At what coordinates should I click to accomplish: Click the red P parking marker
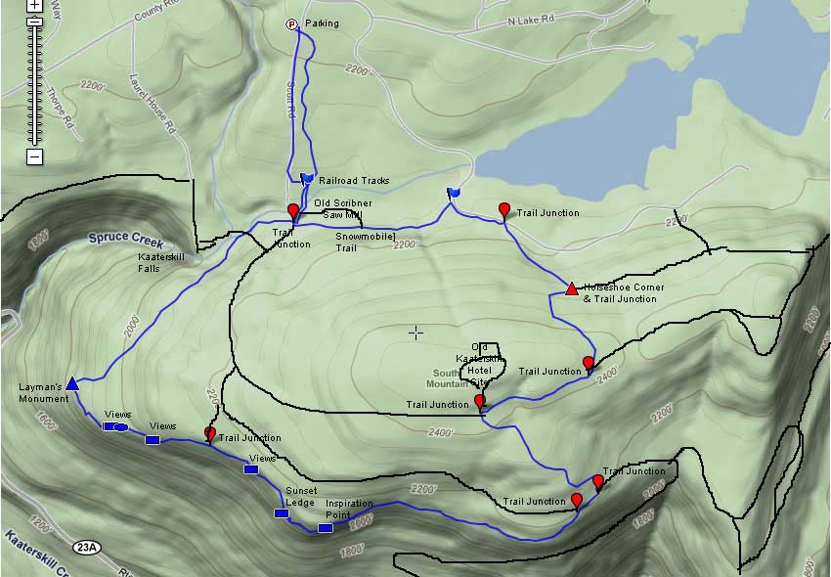[291, 24]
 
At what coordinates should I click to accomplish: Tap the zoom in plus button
[34, 5]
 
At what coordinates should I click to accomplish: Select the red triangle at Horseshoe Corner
[572, 288]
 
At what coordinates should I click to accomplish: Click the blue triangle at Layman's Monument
[71, 383]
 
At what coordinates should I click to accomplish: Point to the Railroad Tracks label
[354, 181]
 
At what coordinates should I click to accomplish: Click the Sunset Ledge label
[300, 496]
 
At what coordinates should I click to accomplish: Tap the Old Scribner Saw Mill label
[342, 208]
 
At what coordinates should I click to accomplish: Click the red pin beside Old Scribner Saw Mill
[292, 211]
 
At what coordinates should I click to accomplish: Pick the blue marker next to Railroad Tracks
[307, 178]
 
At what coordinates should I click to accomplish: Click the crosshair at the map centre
[415, 333]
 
